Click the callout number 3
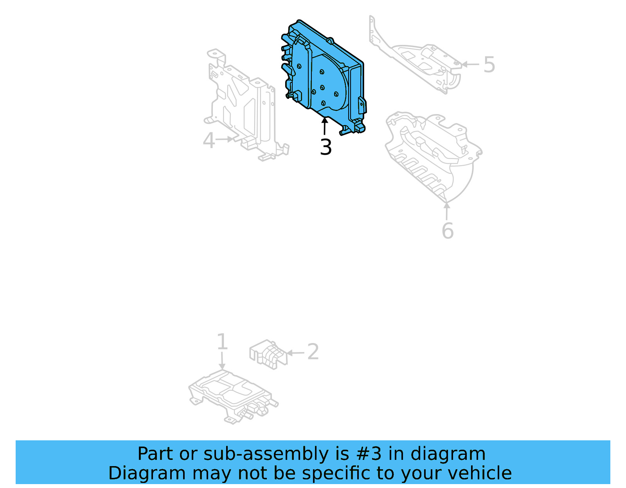pyautogui.click(x=326, y=147)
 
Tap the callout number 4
pyautogui.click(x=209, y=141)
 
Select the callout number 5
pyautogui.click(x=489, y=64)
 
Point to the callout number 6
pyautogui.click(x=448, y=231)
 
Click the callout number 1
pyautogui.click(x=222, y=342)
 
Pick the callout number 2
pyautogui.click(x=313, y=352)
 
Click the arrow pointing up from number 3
pyautogui.click(x=325, y=126)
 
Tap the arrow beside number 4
pyautogui.click(x=226, y=139)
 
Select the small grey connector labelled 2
pyautogui.click(x=268, y=354)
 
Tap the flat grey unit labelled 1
pyautogui.click(x=231, y=395)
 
